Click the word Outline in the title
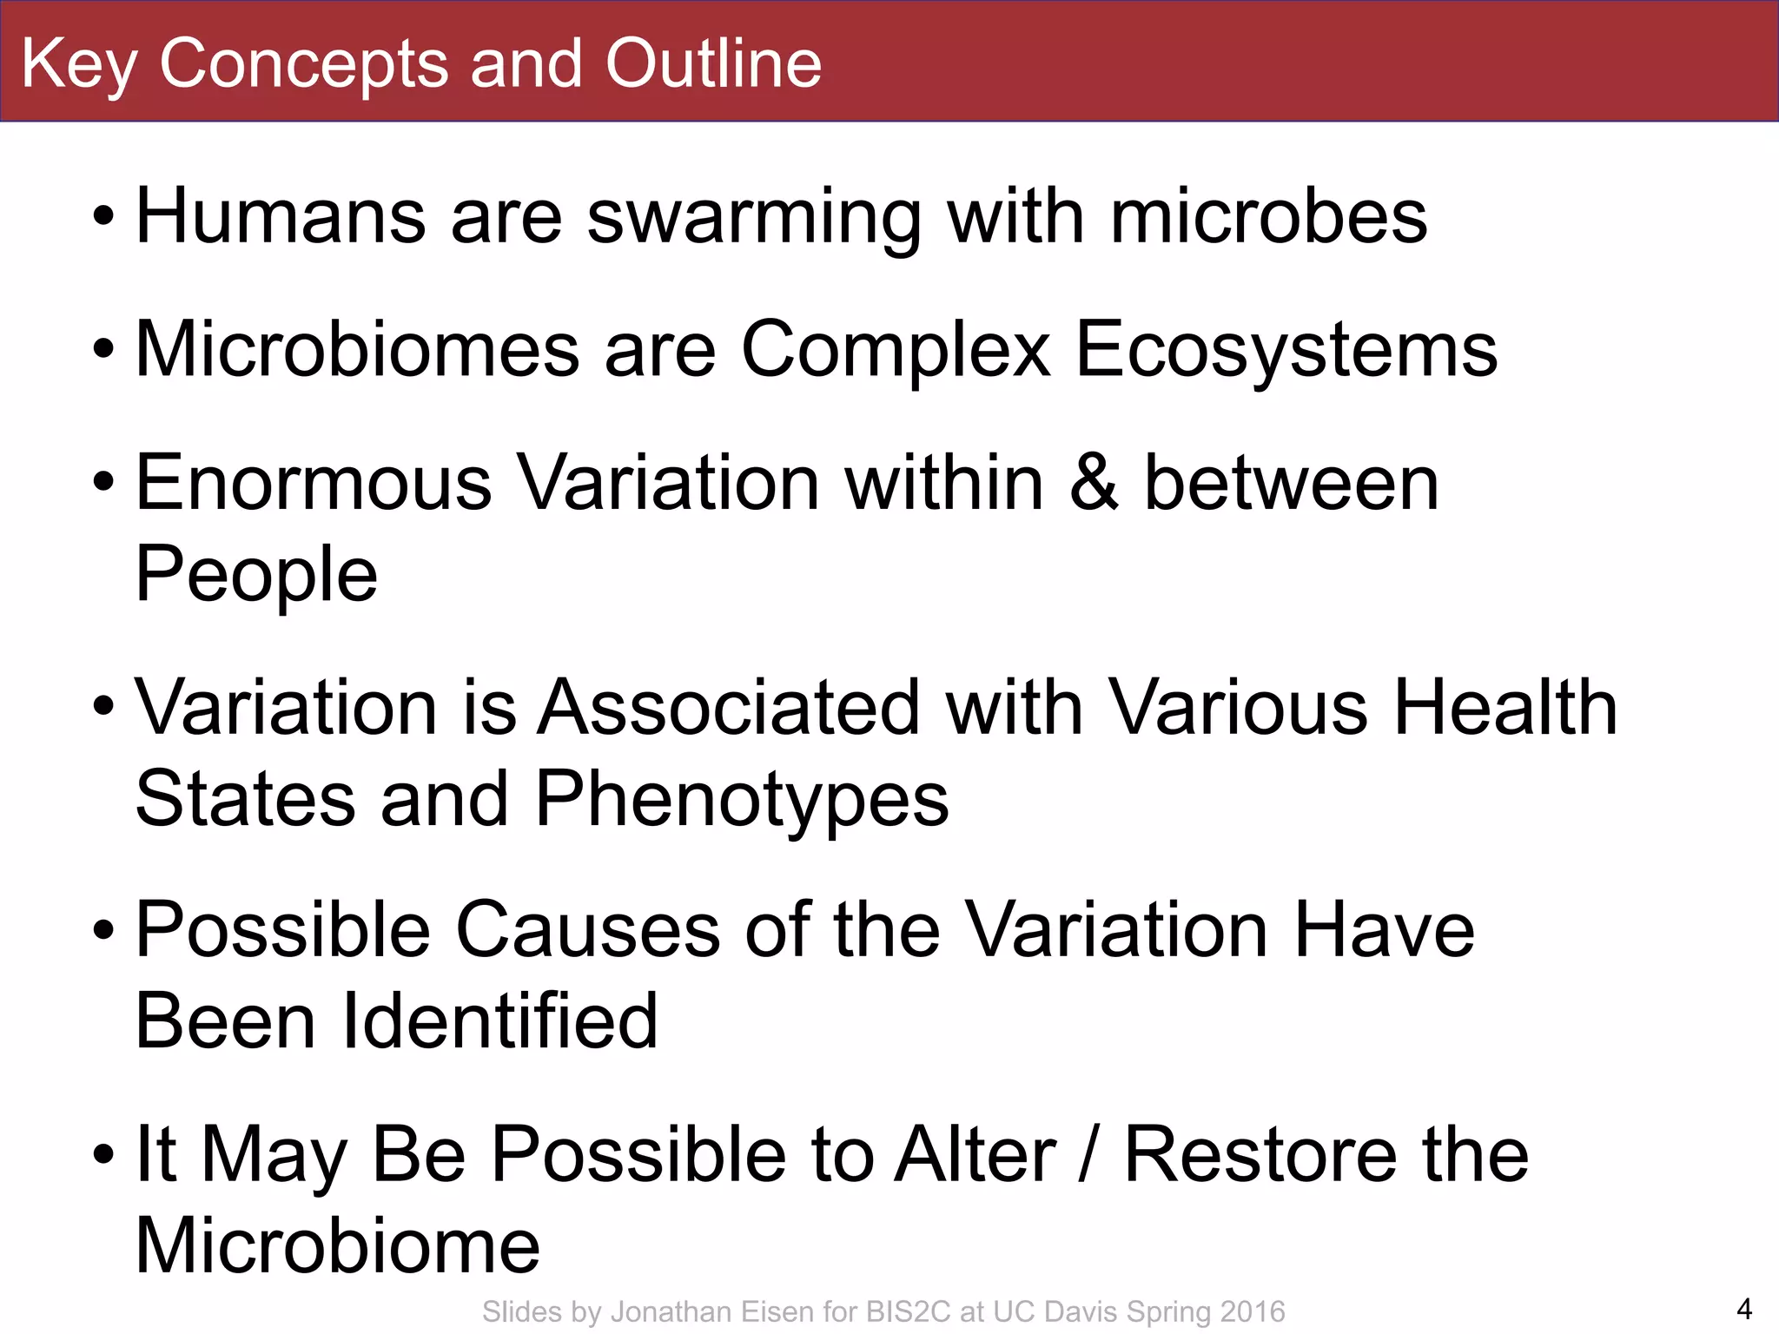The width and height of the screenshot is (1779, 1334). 712,63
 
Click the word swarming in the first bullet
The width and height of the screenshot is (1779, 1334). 754,217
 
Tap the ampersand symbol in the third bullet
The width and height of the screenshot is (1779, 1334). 1094,483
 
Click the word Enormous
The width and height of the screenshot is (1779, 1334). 314,483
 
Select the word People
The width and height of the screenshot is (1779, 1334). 256,575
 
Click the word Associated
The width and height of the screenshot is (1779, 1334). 728,708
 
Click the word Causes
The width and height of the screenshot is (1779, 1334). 587,930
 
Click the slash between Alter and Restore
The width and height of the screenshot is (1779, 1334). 1088,1155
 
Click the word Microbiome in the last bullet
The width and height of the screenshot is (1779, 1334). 337,1246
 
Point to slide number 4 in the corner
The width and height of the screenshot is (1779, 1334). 1743,1308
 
